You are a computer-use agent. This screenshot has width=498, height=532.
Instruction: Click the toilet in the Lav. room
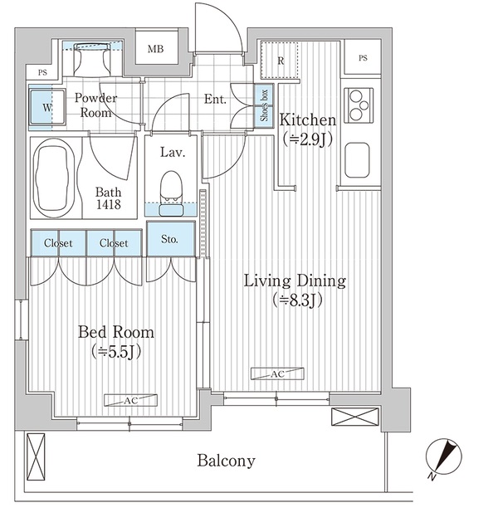click(171, 193)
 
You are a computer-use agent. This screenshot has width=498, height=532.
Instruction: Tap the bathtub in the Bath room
click(55, 178)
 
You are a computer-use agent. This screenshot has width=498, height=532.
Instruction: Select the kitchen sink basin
click(357, 160)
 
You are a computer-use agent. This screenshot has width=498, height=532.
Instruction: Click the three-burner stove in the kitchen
click(359, 105)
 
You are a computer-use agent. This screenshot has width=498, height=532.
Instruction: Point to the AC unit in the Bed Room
click(130, 400)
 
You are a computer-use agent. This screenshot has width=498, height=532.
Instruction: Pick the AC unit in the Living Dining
click(277, 373)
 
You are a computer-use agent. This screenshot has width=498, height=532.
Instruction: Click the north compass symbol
click(443, 457)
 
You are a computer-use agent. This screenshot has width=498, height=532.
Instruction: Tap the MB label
click(156, 49)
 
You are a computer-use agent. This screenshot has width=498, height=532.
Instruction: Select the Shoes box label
click(264, 105)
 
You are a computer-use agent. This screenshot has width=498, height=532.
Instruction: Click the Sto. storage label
click(169, 239)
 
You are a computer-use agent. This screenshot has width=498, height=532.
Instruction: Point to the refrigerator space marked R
click(280, 61)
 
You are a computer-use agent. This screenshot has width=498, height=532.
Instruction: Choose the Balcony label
click(227, 461)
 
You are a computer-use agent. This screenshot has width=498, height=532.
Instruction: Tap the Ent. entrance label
click(215, 99)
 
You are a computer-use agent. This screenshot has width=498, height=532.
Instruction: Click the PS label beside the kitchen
click(363, 58)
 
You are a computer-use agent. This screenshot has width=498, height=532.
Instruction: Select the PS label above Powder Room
click(42, 72)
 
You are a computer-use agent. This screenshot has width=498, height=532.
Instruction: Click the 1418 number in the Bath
click(109, 204)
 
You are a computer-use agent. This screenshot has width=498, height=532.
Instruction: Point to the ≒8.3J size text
click(297, 300)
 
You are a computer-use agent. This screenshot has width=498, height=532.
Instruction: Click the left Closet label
click(58, 243)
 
